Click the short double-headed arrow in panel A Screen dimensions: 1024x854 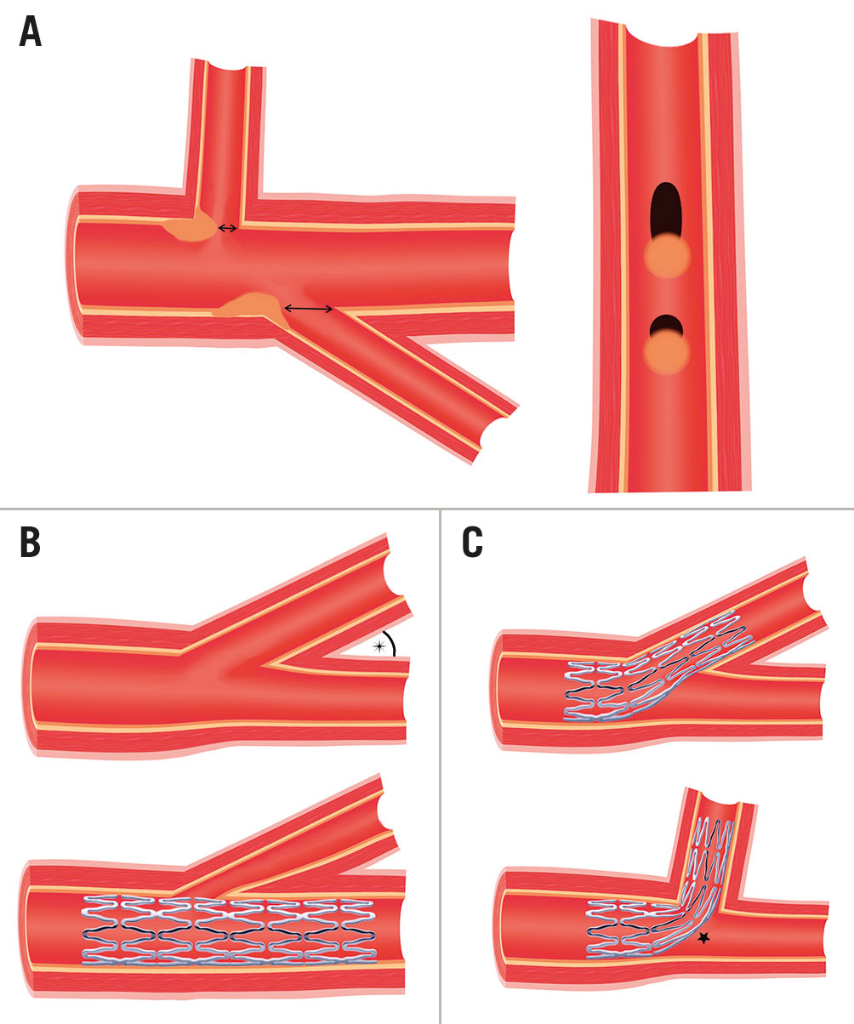coord(227,228)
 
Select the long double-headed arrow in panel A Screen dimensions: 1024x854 coord(308,309)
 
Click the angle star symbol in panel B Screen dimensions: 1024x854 coord(380,647)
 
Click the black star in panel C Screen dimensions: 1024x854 coord(703,938)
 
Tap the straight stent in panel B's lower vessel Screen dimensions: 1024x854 coord(230,930)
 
